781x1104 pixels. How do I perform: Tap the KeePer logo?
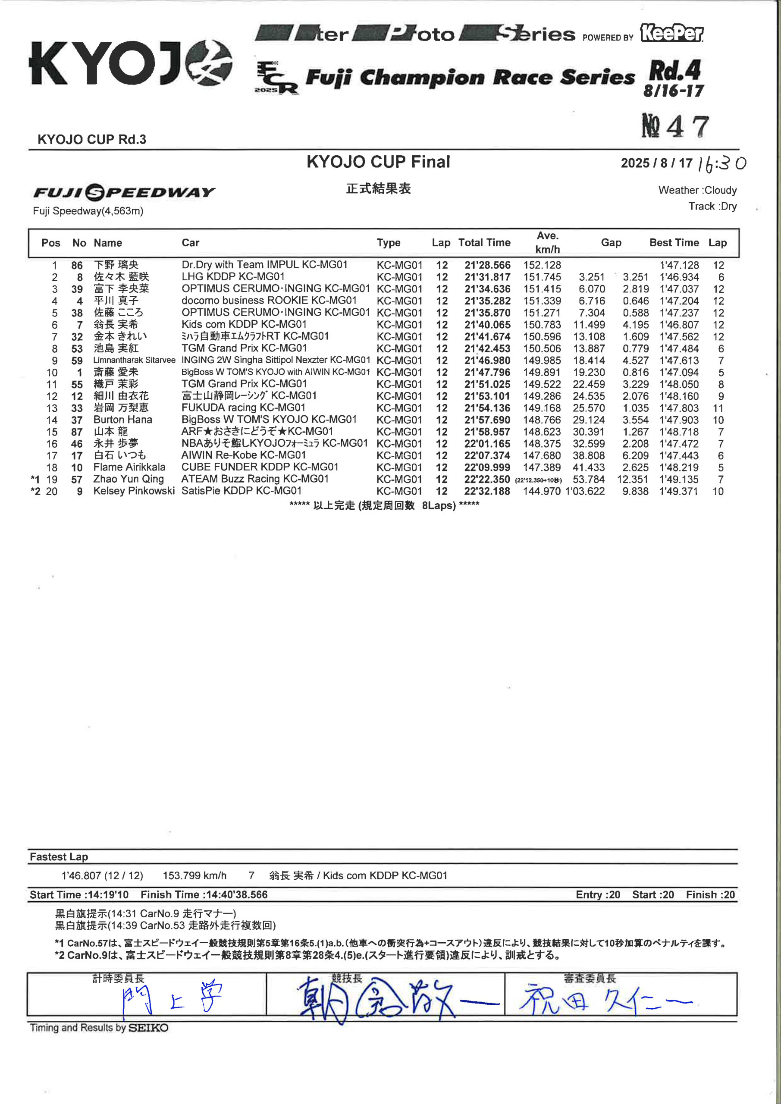tap(671, 33)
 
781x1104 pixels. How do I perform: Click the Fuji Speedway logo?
tap(124, 192)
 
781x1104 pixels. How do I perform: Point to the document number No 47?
tap(675, 126)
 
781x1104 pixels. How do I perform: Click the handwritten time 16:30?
tap(721, 164)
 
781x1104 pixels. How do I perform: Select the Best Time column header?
tap(674, 243)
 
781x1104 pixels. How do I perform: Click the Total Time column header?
tap(484, 243)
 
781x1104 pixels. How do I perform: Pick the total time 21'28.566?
tap(487, 265)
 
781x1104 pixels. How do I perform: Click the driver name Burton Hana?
tap(122, 420)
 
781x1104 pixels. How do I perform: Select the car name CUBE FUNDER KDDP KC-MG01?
tap(260, 467)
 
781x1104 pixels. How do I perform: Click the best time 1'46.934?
tap(679, 277)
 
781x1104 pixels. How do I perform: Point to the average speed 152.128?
tap(542, 265)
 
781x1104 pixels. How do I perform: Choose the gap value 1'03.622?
tap(585, 492)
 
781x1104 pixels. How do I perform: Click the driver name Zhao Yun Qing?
tap(129, 479)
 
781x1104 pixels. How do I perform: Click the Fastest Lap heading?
tap(59, 857)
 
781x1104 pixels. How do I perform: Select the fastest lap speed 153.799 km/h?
tap(194, 875)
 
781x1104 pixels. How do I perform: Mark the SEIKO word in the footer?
tap(149, 1028)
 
